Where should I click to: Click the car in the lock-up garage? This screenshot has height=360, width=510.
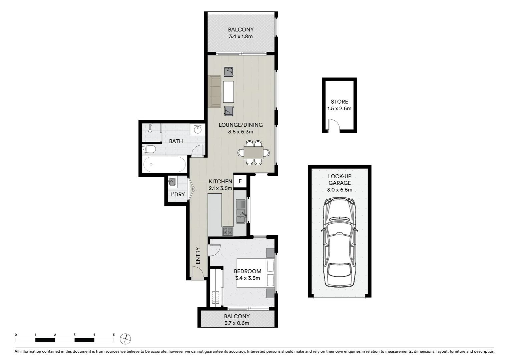click(x=339, y=242)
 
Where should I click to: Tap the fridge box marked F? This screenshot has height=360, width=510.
click(x=240, y=182)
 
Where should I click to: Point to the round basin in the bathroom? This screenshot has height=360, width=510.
click(x=197, y=129)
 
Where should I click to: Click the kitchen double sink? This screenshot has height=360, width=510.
click(x=240, y=211)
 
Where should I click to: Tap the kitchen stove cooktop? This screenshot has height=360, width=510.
click(x=228, y=231)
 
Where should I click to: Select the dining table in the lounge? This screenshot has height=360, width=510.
click(x=253, y=153)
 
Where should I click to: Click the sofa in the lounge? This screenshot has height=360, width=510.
click(x=214, y=92)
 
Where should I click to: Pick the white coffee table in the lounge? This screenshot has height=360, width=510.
click(x=228, y=92)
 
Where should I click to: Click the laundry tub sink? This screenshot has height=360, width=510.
click(x=172, y=182)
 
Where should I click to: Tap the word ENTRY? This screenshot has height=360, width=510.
click(x=198, y=256)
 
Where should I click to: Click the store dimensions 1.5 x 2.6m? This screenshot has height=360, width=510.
click(x=339, y=109)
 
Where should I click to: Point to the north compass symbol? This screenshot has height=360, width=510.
click(x=125, y=339)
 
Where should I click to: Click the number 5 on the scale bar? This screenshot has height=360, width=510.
click(x=114, y=335)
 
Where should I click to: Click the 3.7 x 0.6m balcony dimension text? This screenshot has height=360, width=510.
click(x=236, y=323)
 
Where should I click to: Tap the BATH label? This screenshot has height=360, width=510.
click(x=176, y=141)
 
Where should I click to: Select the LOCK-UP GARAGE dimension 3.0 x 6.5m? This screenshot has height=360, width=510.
click(x=340, y=190)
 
